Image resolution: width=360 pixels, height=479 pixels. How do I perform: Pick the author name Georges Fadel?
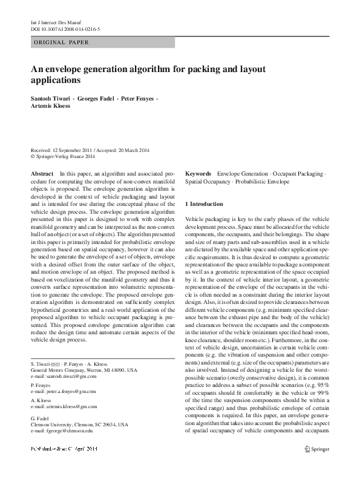click(100, 98)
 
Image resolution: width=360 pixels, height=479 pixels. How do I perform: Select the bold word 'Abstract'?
click(42, 173)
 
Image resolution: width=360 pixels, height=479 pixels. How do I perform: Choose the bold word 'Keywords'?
click(198, 173)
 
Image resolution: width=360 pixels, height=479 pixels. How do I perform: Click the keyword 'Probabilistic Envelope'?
click(263, 181)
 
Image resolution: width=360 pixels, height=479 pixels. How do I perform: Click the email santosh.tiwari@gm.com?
click(70, 377)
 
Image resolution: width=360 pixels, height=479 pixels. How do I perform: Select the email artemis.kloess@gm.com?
click(69, 407)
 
